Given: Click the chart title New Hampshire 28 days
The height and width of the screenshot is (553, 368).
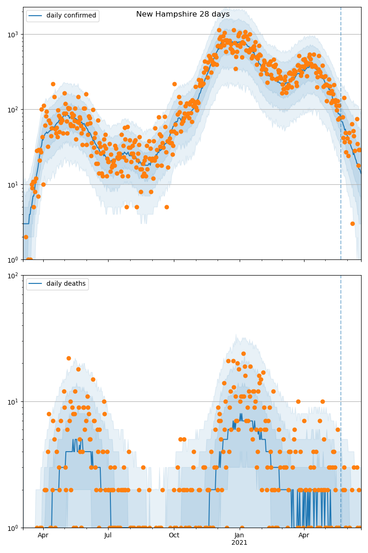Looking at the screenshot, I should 183,14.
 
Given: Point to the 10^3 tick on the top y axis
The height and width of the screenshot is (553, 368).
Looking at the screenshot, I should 14,34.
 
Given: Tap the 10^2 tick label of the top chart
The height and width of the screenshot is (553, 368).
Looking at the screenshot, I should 14,110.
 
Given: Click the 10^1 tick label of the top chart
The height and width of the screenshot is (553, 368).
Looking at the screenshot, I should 14,185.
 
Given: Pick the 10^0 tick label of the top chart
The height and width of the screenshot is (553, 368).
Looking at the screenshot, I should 14,260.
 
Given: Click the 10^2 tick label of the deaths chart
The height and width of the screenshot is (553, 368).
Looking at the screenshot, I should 14,276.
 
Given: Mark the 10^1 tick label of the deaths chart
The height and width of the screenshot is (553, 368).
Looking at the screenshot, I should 14,401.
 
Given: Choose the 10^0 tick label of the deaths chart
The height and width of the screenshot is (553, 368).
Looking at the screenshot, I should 14,528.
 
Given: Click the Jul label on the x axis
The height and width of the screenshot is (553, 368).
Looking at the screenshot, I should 108,535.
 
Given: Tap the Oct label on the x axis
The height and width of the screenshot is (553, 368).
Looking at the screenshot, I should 174,535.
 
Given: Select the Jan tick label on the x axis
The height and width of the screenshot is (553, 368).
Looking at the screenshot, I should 239,535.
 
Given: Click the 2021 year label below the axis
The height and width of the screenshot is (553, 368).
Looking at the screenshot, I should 239,542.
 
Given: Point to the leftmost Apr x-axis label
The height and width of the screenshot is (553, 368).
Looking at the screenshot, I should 43,535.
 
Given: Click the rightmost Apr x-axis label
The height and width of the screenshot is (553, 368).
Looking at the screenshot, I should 304,535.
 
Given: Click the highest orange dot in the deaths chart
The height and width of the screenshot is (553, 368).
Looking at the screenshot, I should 243,354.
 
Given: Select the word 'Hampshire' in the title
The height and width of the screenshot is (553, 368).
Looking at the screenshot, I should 178,14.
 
